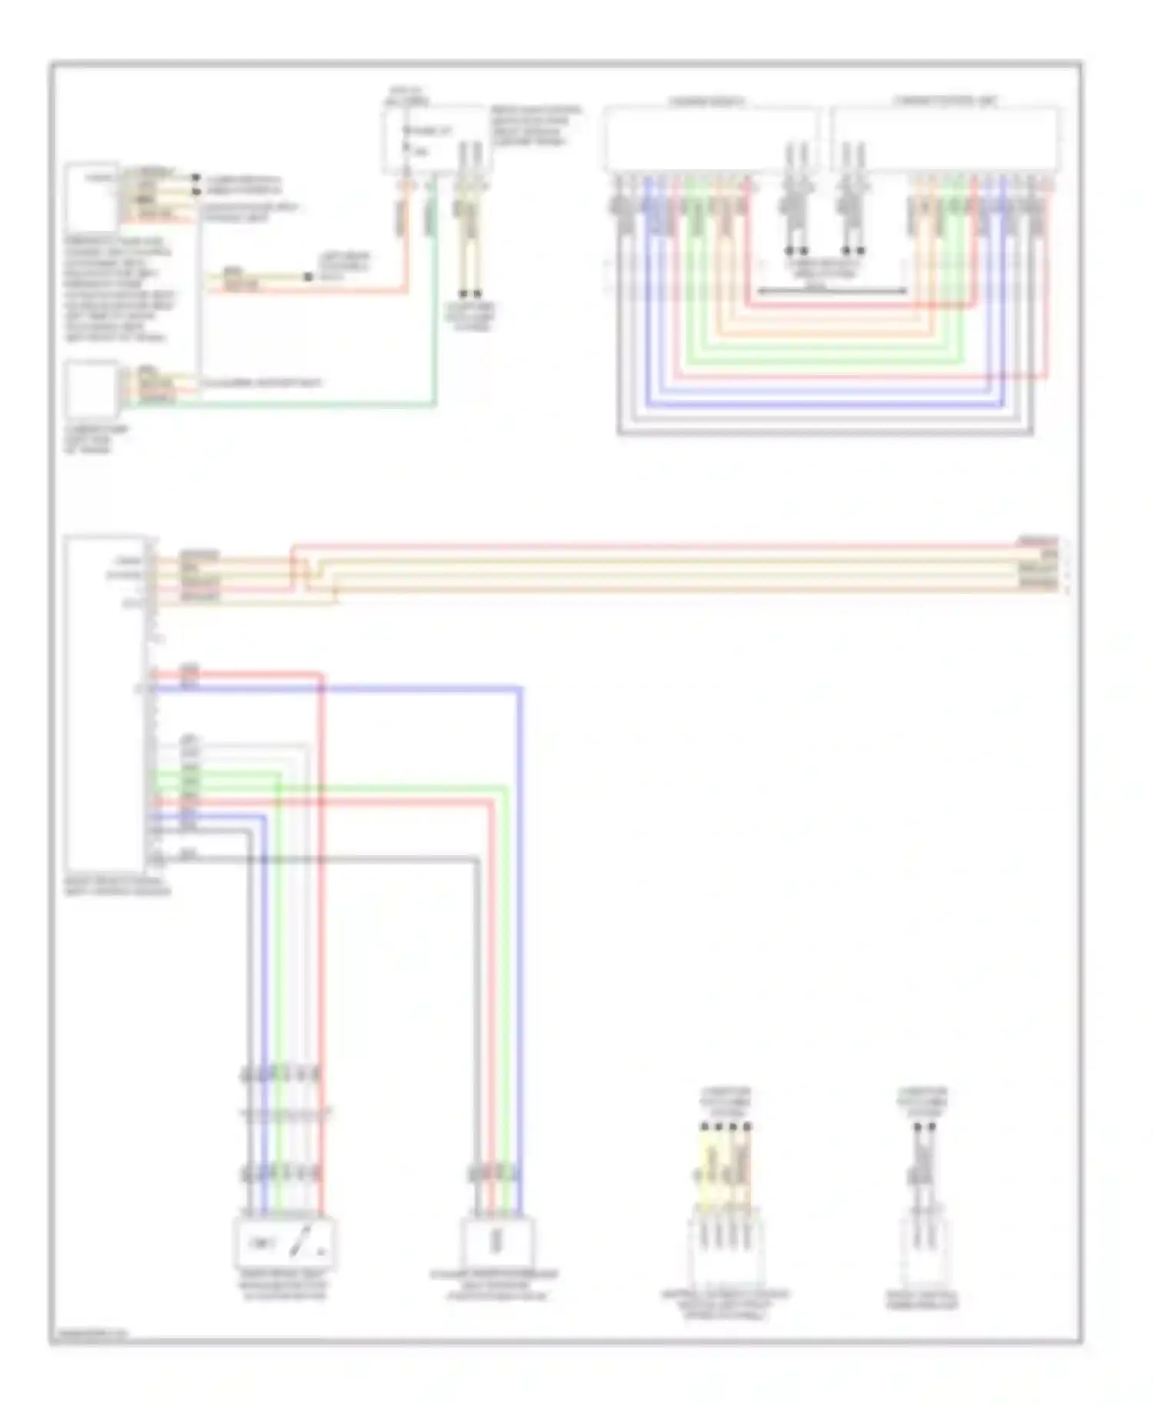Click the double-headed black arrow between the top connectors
click(x=832, y=292)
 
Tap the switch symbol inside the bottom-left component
click(x=305, y=1242)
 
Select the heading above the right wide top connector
click(x=945, y=101)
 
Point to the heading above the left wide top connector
click(x=706, y=101)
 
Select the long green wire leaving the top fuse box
click(x=435, y=308)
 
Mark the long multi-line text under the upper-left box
click(x=119, y=288)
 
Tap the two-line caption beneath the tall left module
click(x=118, y=886)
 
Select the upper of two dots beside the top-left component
click(x=197, y=178)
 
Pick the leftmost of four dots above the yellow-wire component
click(x=705, y=1127)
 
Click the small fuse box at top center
click(x=434, y=141)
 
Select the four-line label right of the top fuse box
click(x=536, y=125)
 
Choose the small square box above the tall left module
click(x=91, y=391)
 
